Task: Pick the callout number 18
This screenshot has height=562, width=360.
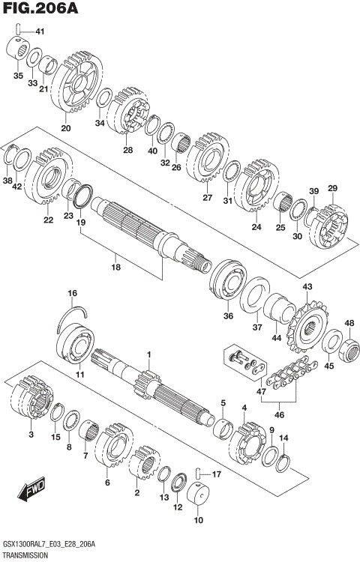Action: [x=115, y=267]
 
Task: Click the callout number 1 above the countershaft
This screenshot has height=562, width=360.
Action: [x=148, y=354]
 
